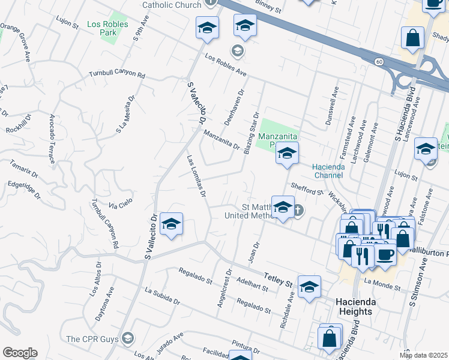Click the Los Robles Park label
tap(101, 28)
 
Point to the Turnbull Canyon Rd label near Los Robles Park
tap(117, 76)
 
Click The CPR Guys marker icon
tap(127, 340)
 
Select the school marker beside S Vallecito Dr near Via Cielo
tap(172, 225)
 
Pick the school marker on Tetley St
tap(309, 287)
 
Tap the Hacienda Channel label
tap(327, 170)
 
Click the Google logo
tap(20, 353)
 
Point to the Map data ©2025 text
tap(424, 355)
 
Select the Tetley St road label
tap(277, 279)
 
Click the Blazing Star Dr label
tap(252, 133)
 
